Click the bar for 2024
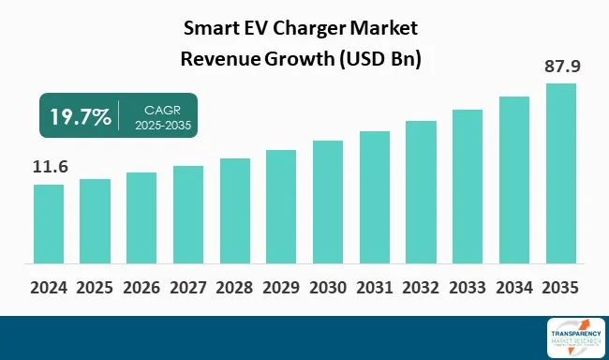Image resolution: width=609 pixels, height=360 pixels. tap(49, 225)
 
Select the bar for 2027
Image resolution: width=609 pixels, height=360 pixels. tap(188, 216)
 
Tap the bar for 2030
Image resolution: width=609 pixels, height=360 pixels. tap(328, 203)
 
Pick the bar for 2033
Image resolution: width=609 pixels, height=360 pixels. tap(468, 187)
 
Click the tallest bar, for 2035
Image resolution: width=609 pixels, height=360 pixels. tap(560, 174)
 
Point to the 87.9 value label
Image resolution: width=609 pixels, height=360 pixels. tap(560, 67)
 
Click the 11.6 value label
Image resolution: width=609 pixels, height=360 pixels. tap(49, 166)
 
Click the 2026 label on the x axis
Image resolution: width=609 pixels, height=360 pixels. tap(141, 287)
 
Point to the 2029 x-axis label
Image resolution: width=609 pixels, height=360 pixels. tap(281, 287)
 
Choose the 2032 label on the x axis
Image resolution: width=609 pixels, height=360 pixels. tap(421, 287)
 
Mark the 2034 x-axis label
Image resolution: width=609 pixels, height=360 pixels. tap(513, 287)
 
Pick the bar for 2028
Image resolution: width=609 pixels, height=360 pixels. tap(235, 212)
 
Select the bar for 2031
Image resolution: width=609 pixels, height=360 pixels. tap(375, 199)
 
